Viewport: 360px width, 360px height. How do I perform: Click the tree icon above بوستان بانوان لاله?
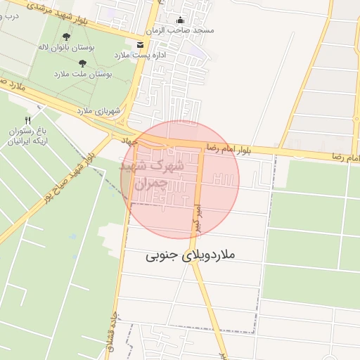tap(66, 37)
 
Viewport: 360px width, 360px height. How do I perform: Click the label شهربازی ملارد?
tap(99, 111)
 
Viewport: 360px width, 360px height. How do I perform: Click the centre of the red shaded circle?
tap(180, 180)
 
